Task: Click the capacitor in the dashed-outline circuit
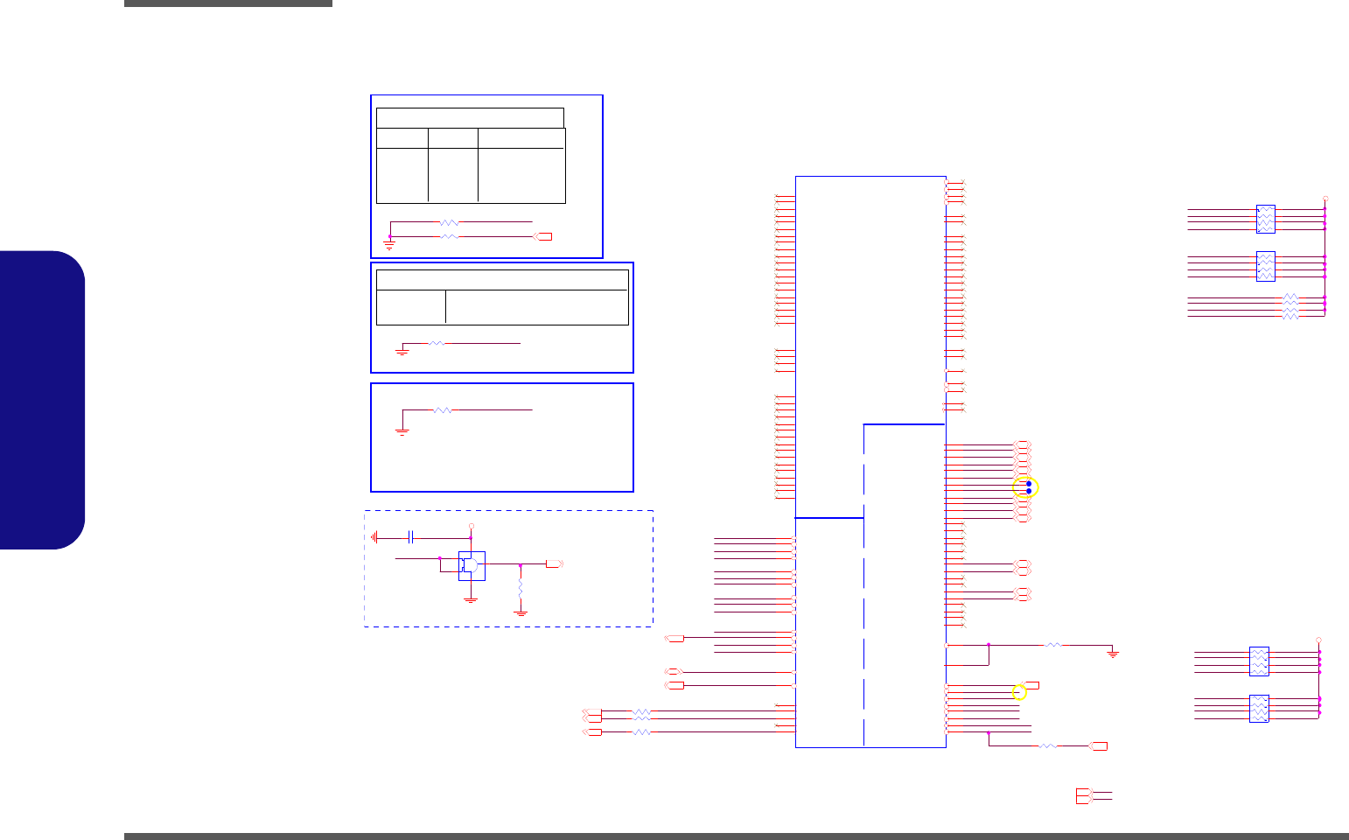[411, 536]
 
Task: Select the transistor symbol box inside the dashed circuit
[472, 565]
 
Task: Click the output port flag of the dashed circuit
[554, 564]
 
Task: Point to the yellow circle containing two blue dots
[1025, 487]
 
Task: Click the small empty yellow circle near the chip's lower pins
[1018, 693]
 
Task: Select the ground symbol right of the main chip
[1113, 653]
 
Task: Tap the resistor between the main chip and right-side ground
[1054, 645]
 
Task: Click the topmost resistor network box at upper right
[1265, 219]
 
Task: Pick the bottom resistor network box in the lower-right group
[1259, 708]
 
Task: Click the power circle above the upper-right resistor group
[1325, 199]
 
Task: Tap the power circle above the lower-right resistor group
[1319, 640]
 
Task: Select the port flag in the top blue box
[543, 236]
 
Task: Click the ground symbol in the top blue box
[389, 247]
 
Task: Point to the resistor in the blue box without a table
[444, 409]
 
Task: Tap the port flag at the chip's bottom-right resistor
[1099, 745]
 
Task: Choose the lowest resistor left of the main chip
[641, 731]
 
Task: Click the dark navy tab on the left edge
[43, 400]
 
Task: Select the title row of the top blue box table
[470, 118]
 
